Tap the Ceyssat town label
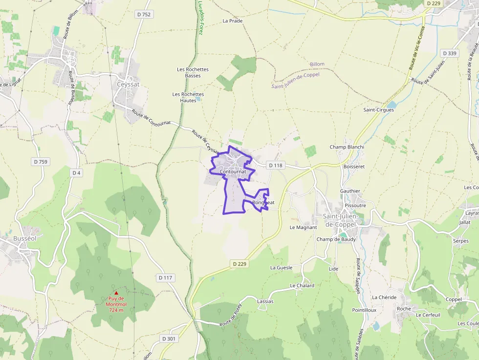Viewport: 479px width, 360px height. pos(128,84)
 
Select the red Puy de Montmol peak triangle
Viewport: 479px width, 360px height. pos(116,293)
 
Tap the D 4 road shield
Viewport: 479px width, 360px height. pos(76,173)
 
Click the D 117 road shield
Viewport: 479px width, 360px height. pos(166,278)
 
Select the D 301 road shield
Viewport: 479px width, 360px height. pos(168,338)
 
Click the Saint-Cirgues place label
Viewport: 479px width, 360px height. pos(378,110)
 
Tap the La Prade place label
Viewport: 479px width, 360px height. pos(232,21)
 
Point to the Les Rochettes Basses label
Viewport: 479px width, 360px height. pos(193,72)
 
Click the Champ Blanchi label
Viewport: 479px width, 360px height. pos(347,147)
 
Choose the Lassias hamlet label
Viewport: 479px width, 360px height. pos(265,301)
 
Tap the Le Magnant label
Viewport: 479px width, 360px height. pos(303,227)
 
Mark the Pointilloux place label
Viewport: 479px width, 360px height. pos(364,310)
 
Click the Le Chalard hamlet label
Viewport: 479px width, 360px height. pos(302,285)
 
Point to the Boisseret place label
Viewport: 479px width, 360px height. pos(354,166)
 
